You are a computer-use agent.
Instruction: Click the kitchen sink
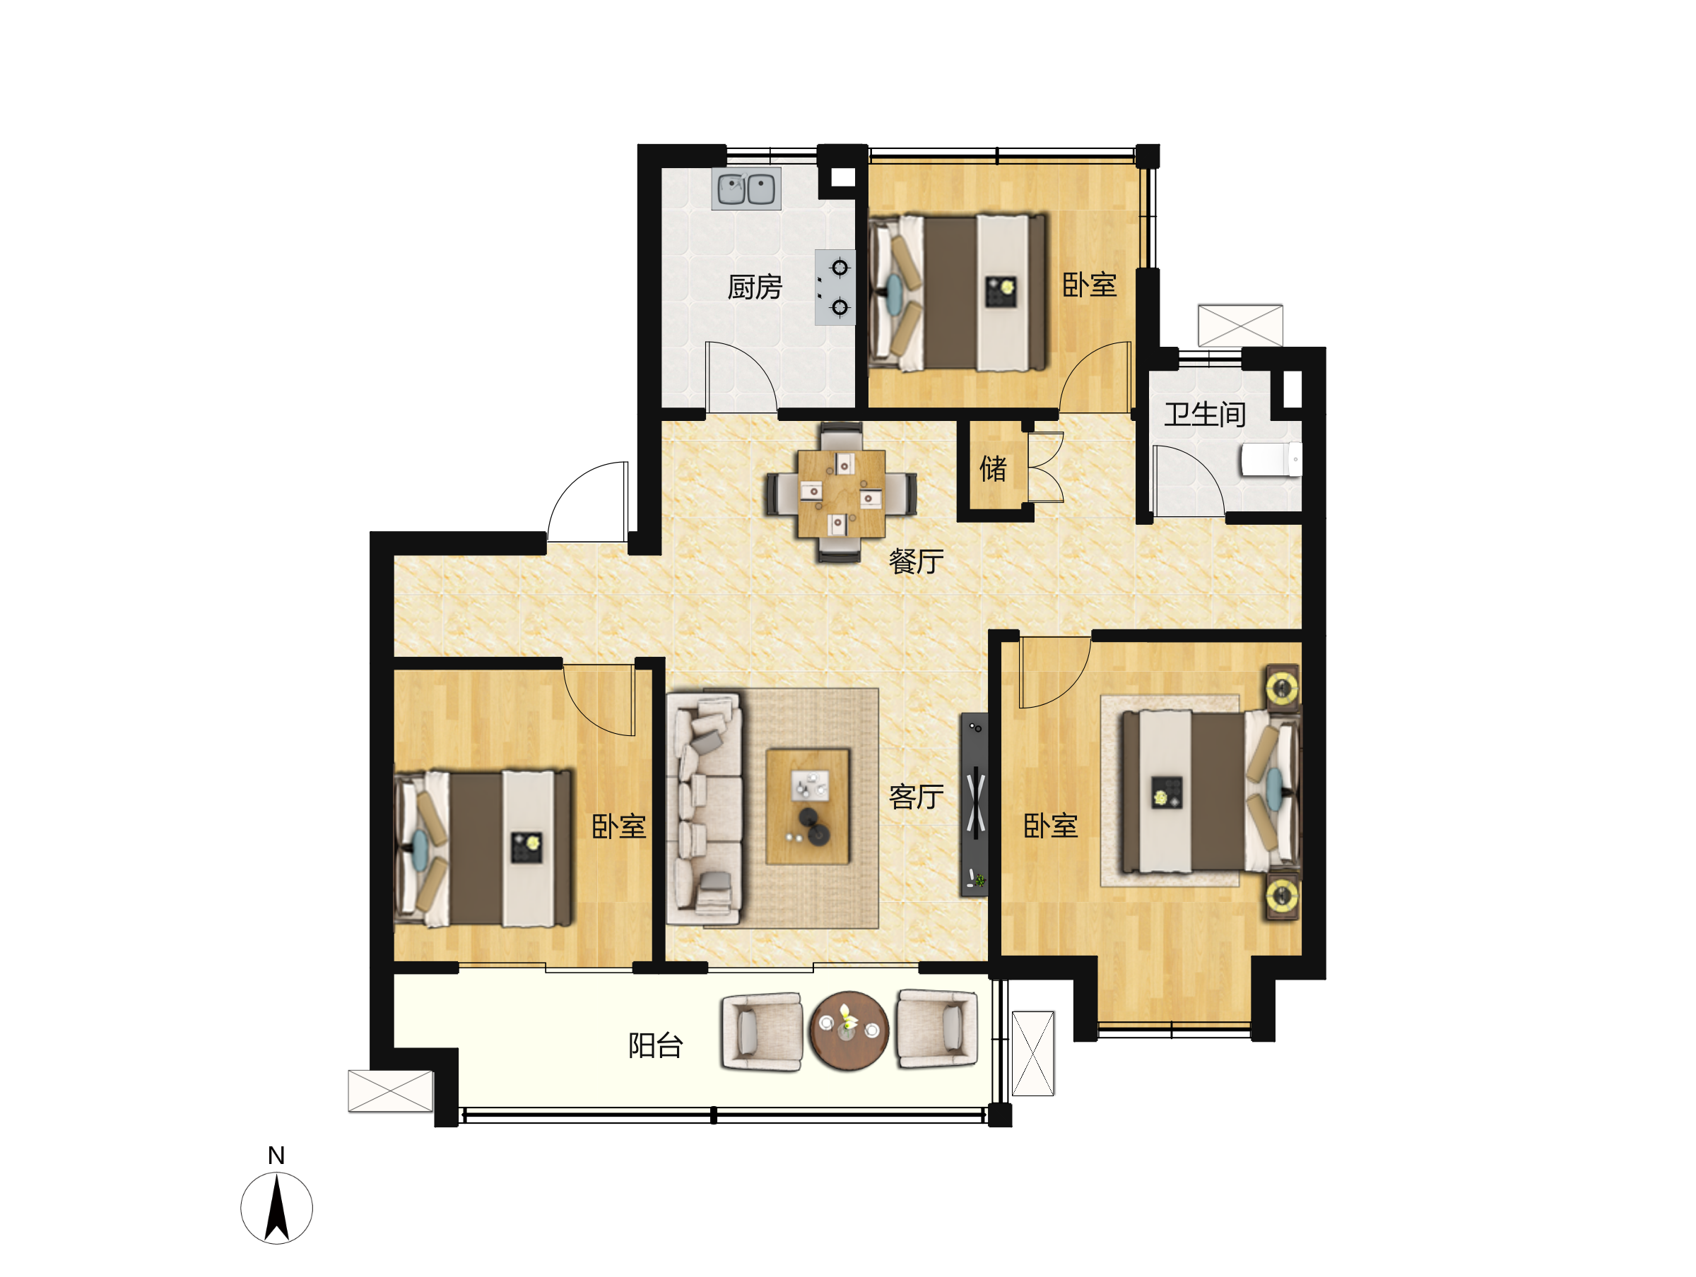[746, 189]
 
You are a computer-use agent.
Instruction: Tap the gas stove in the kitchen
[835, 287]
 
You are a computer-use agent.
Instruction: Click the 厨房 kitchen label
[755, 287]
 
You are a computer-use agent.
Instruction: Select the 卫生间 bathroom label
[1205, 415]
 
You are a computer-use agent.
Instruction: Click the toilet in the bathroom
[1271, 460]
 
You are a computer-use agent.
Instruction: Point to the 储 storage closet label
[993, 468]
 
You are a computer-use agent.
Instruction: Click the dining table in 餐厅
[841, 494]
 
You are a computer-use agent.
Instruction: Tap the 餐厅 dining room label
[917, 562]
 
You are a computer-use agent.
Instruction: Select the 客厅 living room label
[917, 797]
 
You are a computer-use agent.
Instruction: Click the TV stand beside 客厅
[974, 804]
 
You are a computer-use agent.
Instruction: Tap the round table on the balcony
[849, 1031]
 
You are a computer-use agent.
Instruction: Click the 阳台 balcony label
[656, 1045]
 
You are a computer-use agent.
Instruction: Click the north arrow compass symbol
[277, 1208]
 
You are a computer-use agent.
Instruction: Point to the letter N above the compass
[276, 1155]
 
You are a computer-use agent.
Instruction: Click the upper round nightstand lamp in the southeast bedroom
[1282, 684]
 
